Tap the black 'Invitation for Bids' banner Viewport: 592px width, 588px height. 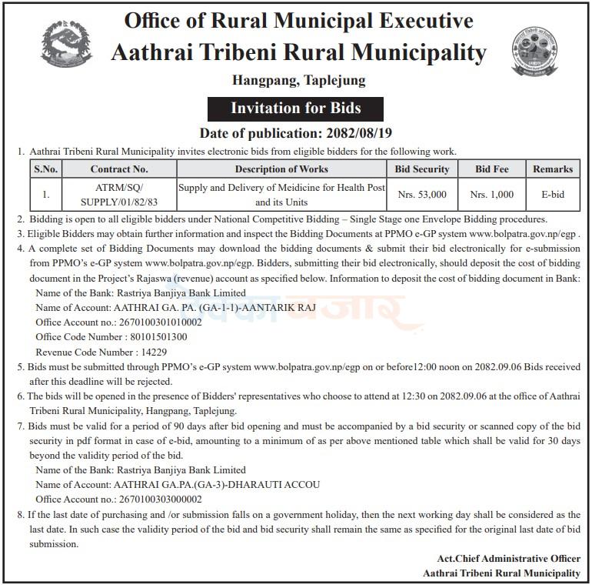[x=296, y=108]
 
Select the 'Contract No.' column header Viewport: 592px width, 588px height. [x=119, y=169]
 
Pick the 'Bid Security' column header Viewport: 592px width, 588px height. [x=422, y=169]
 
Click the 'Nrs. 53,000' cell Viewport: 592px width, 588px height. [x=422, y=195]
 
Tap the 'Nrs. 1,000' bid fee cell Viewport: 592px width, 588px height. [x=492, y=195]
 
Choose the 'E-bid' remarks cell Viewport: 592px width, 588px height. [x=552, y=195]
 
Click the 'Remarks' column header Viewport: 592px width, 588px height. [x=552, y=169]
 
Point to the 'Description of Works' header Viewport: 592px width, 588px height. [x=281, y=169]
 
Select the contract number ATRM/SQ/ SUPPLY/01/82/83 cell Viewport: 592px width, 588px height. [x=119, y=195]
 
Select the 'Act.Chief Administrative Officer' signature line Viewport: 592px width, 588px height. [x=504, y=558]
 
